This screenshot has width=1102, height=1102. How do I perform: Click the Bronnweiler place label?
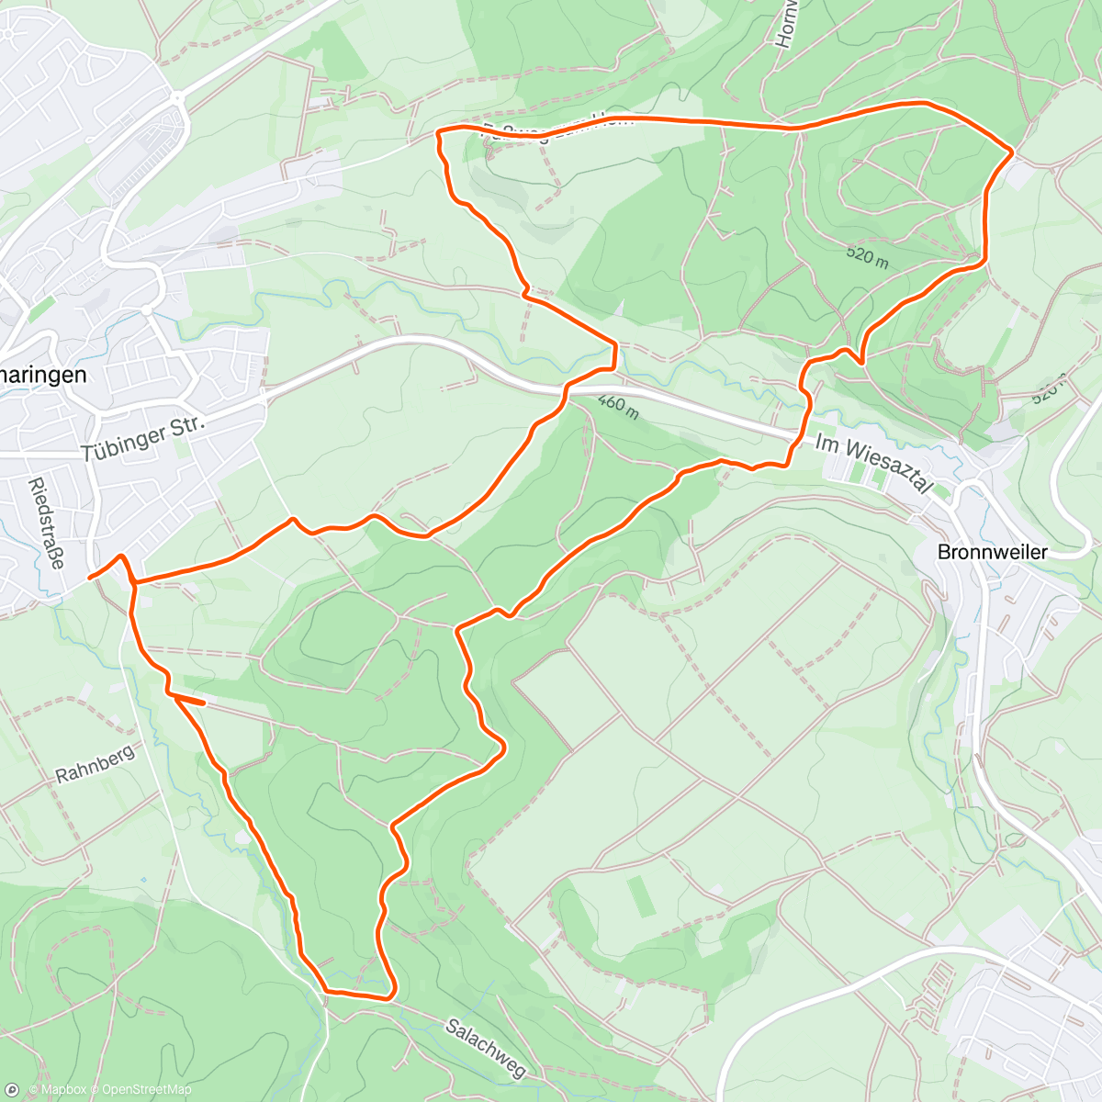[x=992, y=552]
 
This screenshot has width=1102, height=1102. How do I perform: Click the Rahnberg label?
[x=95, y=763]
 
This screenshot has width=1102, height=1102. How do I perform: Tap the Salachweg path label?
[x=486, y=1048]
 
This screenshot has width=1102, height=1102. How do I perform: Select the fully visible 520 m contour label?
[x=867, y=255]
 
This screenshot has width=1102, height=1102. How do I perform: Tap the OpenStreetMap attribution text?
[x=146, y=1090]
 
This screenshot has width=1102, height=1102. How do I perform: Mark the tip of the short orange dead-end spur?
[x=203, y=703]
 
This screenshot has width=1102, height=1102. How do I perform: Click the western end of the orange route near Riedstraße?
[x=89, y=578]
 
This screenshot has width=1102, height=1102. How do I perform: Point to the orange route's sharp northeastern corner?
[x=1012, y=151]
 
